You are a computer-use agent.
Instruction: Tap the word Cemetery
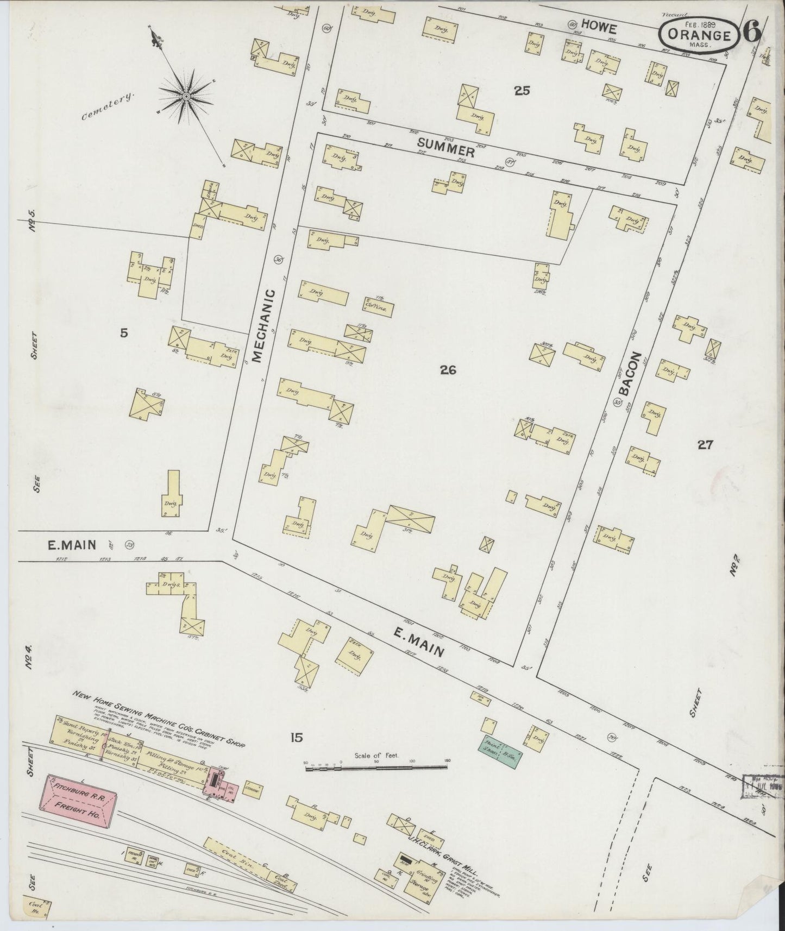(108, 106)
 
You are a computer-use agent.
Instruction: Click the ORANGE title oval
(699, 35)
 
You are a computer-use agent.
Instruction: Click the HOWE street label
(599, 25)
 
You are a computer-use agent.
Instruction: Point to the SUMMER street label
(445, 148)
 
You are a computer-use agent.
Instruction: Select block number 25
(522, 91)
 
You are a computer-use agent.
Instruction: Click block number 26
(448, 370)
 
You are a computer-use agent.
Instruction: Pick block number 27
(705, 445)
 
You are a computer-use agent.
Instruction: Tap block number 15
(296, 737)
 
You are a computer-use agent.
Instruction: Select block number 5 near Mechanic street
(124, 333)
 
